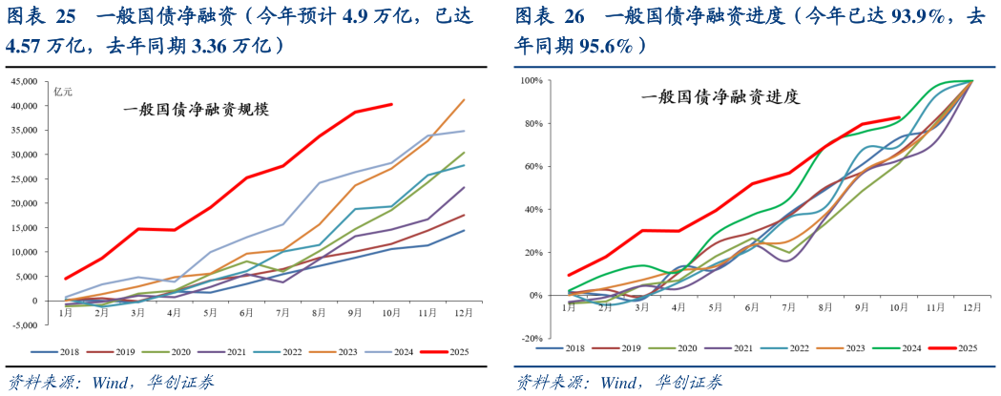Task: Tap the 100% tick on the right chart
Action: point(532,81)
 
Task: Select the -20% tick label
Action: point(531,339)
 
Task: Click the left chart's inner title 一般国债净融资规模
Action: point(197,109)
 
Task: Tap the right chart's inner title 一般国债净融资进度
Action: point(719,96)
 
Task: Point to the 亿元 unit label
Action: point(63,91)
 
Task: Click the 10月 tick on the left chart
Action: point(392,312)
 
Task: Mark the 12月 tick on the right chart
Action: point(971,306)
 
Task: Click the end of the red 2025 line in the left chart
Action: point(391,104)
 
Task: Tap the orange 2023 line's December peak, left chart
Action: point(464,99)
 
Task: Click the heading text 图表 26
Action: point(550,15)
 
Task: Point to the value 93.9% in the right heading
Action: point(905,15)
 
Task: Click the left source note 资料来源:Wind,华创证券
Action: point(111,382)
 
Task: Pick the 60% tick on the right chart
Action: point(533,167)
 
